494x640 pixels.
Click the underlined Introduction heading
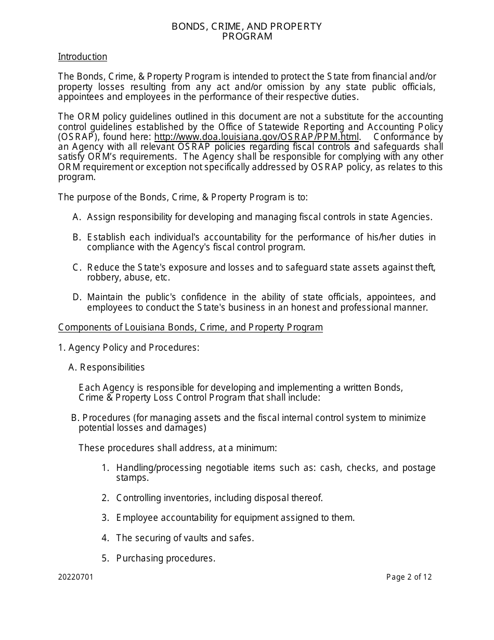click(83, 57)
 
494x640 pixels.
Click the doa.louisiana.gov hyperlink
click(257, 137)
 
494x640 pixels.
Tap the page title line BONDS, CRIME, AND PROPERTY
click(247, 27)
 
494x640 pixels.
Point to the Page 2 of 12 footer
click(409, 577)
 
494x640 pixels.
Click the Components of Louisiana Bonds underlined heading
click(190, 327)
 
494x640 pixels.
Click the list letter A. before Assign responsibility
click(77, 217)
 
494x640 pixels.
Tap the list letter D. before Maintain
click(77, 297)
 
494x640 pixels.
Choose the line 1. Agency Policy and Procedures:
click(128, 348)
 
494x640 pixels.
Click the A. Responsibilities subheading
click(107, 367)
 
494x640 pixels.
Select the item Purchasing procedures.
click(165, 558)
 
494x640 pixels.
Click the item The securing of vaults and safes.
click(185, 538)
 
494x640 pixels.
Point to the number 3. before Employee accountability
click(105, 518)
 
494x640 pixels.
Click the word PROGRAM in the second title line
click(247, 36)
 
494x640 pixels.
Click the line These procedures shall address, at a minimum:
click(177, 448)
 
